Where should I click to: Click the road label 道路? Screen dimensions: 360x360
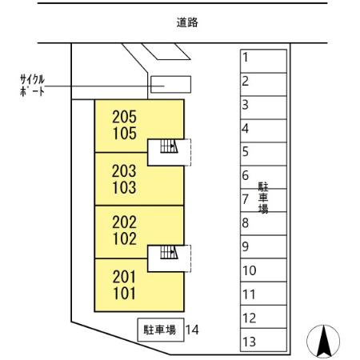click(187, 23)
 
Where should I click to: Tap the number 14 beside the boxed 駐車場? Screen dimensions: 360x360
click(191, 329)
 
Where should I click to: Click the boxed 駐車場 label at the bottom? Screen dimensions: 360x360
click(159, 329)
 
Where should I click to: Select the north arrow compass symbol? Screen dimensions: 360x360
click(324, 341)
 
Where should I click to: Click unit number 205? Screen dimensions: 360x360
click(124, 117)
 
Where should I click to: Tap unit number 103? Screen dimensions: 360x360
click(124, 189)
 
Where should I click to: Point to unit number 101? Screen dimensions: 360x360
click(124, 294)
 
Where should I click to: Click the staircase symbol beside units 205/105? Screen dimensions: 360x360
click(168, 146)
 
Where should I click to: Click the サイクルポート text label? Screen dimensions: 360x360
click(32, 85)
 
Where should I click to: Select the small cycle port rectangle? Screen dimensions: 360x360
click(171, 84)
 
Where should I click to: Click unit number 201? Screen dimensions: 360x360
click(124, 277)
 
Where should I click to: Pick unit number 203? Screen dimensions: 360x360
click(124, 171)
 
